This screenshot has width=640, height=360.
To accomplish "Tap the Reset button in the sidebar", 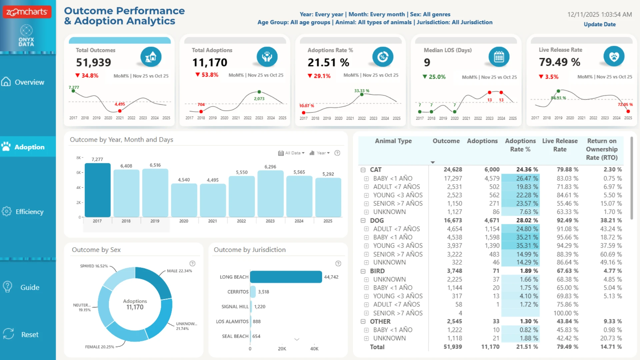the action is (21, 334).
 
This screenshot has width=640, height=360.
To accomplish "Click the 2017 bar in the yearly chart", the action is (97, 190).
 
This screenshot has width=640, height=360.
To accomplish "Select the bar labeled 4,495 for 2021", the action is (213, 200).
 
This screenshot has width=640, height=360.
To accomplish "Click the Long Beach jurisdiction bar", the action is (286, 277).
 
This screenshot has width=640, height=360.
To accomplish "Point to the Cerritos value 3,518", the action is (263, 292).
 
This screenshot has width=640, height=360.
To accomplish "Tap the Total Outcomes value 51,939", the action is (93, 62).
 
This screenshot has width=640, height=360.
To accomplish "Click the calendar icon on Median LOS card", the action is (499, 57).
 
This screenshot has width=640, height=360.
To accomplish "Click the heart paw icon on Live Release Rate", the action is (614, 56).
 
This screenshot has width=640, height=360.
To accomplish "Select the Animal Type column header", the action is (393, 141).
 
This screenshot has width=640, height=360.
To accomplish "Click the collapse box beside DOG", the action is (363, 220).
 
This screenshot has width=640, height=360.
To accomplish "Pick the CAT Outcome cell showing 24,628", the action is (453, 169).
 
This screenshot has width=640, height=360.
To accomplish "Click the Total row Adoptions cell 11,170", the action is (490, 347).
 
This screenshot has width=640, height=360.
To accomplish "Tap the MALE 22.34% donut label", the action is (179, 271).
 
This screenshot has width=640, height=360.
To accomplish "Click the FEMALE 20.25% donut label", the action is (99, 347).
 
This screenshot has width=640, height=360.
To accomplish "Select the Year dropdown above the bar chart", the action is (320, 153).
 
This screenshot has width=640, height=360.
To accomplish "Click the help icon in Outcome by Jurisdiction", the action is (338, 263).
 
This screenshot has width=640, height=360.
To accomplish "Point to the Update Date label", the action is (599, 24).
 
